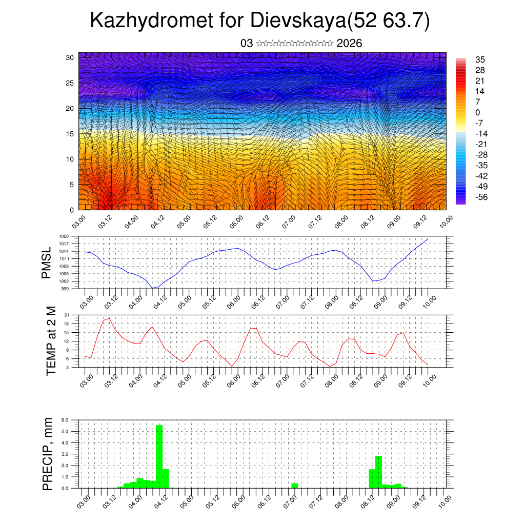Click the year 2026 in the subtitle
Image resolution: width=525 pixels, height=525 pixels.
tap(349, 44)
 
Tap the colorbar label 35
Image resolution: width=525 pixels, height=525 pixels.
tap(480, 59)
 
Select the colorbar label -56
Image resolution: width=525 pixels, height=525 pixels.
tap(481, 197)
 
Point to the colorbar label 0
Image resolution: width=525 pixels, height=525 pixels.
tap(478, 112)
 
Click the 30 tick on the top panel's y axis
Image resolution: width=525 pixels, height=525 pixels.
tap(70, 57)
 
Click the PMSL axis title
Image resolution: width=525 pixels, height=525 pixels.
tap(47, 263)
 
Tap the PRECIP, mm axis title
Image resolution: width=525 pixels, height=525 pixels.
tap(48, 453)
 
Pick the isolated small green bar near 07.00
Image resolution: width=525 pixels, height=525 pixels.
tap(294, 485)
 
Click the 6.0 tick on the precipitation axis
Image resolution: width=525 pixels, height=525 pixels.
tap(65, 420)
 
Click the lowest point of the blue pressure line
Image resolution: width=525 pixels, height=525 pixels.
tap(153, 288)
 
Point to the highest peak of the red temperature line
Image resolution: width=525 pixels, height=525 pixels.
tap(109, 318)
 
